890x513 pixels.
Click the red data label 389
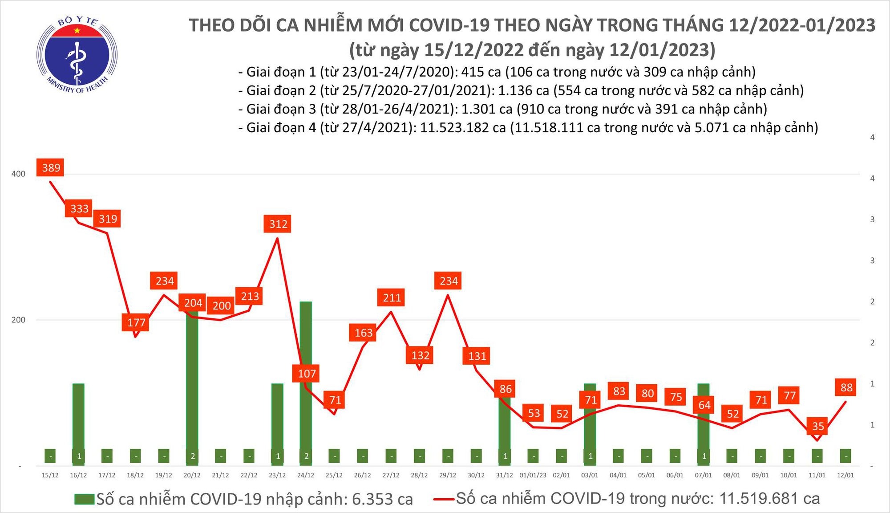51,168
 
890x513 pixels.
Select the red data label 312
278,224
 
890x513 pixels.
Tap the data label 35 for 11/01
818,426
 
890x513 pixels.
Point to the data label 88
846,387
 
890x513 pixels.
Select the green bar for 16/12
78,419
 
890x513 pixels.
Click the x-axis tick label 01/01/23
533,476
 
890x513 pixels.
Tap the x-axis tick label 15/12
50,476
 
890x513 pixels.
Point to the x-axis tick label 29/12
448,476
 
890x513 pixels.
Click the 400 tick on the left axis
18,174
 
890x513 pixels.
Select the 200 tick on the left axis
18,320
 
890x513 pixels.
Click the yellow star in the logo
77,30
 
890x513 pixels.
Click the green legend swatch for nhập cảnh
84,499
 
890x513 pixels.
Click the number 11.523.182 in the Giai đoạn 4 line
463,128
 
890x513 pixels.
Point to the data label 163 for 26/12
364,333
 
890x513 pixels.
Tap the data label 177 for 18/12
136,322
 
